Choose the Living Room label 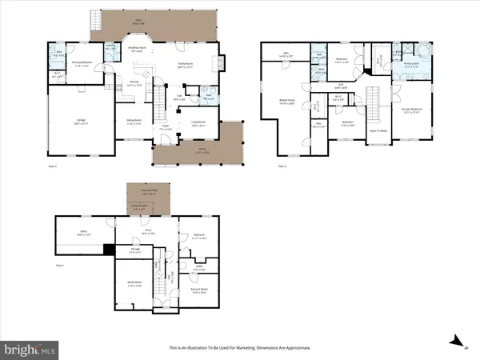point(197,123)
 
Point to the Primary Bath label point(411,66)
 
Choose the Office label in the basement point(82,233)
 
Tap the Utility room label point(199,268)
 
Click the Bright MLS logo point(30,349)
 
